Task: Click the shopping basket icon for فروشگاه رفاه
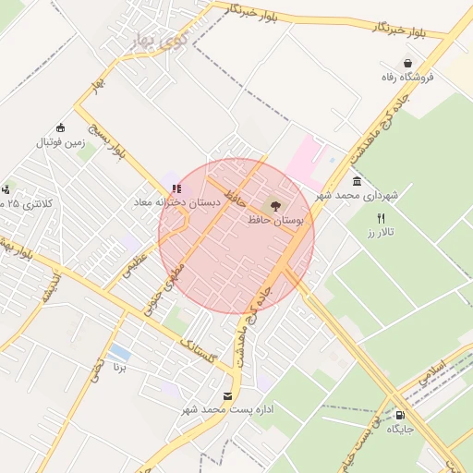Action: pos(407,64)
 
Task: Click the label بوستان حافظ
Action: pos(275,220)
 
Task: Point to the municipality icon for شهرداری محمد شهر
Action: pos(357,181)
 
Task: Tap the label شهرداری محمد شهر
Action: pos(356,195)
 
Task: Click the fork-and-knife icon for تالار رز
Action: pos(381,218)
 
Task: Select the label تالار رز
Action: pos(381,233)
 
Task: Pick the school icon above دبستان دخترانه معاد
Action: pos(176,188)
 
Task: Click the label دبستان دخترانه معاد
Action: pos(177,202)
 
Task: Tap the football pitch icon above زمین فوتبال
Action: pos(61,127)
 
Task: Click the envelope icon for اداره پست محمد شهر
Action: pos(227,395)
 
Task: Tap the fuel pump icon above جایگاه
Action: pos(399,415)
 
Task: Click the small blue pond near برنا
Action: pos(118,353)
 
